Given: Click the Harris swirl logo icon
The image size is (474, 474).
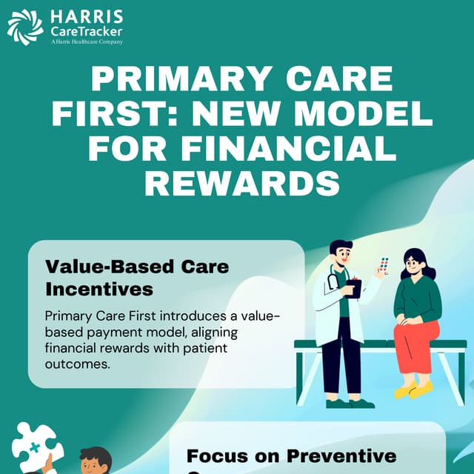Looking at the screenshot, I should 24,27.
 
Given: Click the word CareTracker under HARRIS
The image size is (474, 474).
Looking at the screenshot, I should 87,31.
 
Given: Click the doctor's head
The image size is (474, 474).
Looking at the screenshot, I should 341,256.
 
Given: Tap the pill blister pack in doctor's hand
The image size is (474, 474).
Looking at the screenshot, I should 383,267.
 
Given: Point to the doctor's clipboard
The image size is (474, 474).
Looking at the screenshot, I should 354,287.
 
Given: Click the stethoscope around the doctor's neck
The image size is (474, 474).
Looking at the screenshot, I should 333,281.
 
